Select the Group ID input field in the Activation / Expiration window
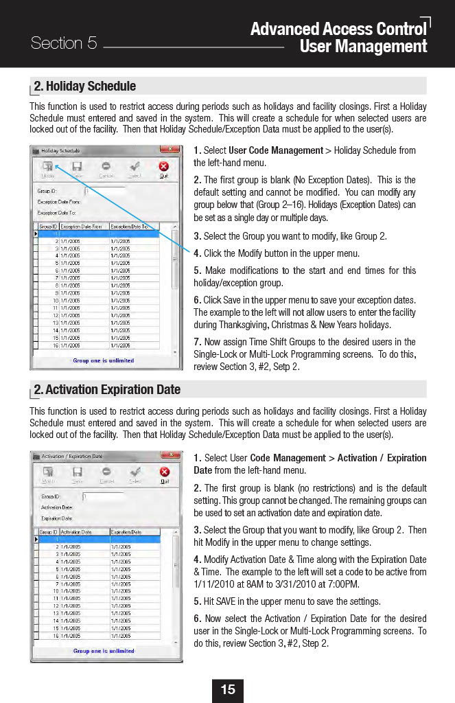[104, 496]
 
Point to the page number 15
[228, 689]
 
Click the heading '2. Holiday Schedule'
[85, 87]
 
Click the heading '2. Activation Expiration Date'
[107, 390]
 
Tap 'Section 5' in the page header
[64, 43]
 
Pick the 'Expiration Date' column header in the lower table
[126, 532]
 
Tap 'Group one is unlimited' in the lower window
[104, 651]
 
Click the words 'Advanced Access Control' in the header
[338, 29]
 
